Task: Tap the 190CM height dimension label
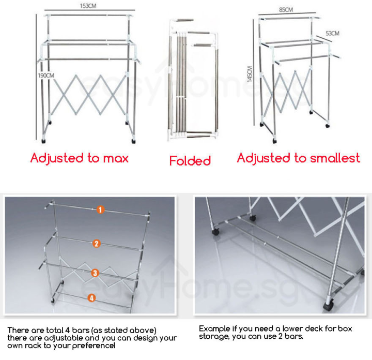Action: (46, 76)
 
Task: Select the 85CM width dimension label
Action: (285, 10)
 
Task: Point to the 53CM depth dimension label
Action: (332, 34)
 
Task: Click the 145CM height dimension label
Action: (250, 74)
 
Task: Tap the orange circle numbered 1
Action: (100, 209)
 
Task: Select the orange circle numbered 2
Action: (96, 244)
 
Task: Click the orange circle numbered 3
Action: (95, 273)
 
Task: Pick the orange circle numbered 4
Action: (91, 297)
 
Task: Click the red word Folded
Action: (190, 161)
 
